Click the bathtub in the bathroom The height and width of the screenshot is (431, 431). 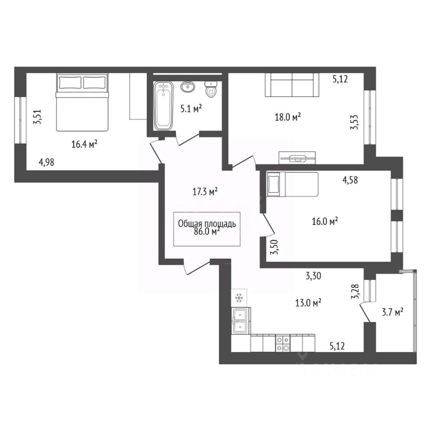(163, 106)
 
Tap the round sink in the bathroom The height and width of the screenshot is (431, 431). (188, 86)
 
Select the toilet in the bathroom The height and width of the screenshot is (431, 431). (211, 89)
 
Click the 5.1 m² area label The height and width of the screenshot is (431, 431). (191, 109)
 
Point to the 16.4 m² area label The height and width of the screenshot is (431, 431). (85, 144)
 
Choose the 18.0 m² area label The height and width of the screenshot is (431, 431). (288, 117)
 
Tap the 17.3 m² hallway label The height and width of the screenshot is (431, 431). (205, 192)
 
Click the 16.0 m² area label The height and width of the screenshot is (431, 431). (325, 221)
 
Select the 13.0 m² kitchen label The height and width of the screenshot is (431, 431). (308, 303)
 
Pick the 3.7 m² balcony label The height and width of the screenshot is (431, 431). (392, 312)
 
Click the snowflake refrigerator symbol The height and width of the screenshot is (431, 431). (239, 297)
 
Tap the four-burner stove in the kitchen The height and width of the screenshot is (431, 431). (283, 343)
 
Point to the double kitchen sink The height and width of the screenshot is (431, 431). (241, 321)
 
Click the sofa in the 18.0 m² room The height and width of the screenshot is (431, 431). (292, 85)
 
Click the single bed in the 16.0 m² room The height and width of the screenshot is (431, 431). (292, 184)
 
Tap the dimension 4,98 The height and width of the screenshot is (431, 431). (46, 163)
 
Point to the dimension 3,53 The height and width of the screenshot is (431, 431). (354, 122)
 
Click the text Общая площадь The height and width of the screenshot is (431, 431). (207, 224)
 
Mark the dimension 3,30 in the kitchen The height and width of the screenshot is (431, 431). (313, 275)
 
